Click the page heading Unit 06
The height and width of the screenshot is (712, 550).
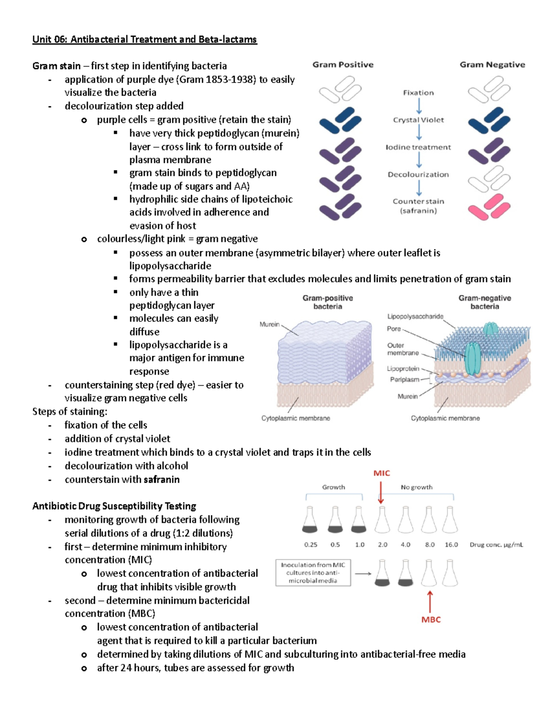(x=144, y=39)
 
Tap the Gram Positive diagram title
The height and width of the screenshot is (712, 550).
(x=343, y=65)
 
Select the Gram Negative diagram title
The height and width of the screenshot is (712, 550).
(x=492, y=65)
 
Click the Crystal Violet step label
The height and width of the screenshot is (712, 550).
(x=418, y=120)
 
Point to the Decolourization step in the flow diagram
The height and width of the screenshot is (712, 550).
(x=418, y=175)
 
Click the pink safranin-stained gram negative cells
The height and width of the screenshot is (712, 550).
(x=489, y=207)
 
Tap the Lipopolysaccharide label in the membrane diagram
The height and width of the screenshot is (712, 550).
(x=415, y=316)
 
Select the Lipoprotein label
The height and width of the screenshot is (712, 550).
(x=403, y=369)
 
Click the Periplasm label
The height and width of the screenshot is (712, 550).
(x=404, y=380)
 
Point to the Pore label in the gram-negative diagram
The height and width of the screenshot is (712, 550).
(x=394, y=329)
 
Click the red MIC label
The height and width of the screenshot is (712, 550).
(x=381, y=473)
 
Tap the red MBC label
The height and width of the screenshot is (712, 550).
(x=431, y=620)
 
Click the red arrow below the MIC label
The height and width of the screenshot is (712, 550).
(x=381, y=492)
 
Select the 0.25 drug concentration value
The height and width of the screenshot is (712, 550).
(x=311, y=545)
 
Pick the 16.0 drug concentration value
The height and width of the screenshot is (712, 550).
(x=451, y=545)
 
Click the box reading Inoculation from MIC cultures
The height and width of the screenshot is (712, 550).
(x=313, y=573)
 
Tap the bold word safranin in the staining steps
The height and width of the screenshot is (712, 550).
(x=161, y=480)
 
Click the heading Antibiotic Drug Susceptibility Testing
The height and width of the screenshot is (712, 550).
(x=114, y=506)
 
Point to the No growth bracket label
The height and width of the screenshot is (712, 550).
(x=416, y=487)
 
